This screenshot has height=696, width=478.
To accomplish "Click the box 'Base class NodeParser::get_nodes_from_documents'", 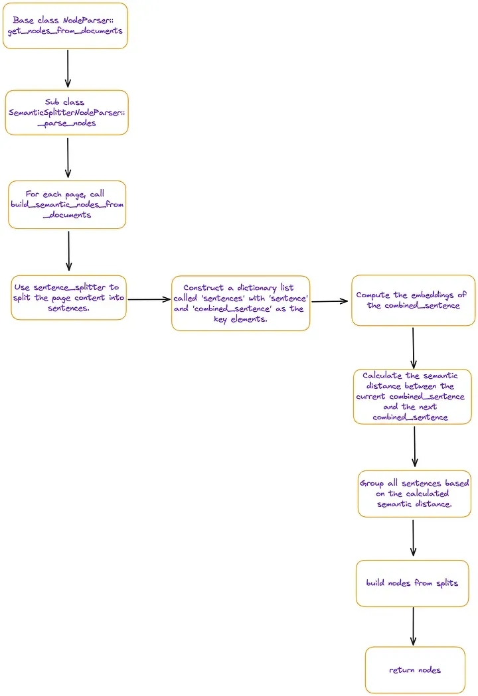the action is (x=65, y=26).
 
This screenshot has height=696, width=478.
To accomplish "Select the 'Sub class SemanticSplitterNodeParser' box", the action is (x=66, y=113).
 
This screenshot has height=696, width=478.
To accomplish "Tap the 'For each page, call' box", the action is (x=67, y=204).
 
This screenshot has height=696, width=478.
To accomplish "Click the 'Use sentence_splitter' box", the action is (x=69, y=298).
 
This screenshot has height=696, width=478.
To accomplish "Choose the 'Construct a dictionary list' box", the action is (x=241, y=303).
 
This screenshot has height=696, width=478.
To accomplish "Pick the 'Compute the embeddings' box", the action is (x=413, y=301).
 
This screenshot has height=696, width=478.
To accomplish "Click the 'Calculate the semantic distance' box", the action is (x=412, y=396).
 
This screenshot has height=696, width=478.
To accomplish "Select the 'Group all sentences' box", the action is (x=414, y=494).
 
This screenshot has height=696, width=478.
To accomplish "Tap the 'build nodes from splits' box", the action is (x=412, y=583).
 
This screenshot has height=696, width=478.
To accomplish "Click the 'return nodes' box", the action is (x=415, y=670).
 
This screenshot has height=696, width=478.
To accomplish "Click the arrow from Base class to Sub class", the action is (x=68, y=68).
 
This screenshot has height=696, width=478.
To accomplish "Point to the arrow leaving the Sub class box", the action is (x=68, y=157).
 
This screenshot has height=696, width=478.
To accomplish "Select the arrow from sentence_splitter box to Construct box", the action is (x=149, y=300).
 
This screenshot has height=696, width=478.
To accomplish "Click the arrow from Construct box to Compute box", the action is (x=330, y=301).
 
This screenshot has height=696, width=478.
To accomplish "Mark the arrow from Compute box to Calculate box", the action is (x=413, y=348).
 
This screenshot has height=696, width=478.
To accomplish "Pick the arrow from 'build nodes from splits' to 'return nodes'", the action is (x=413, y=626).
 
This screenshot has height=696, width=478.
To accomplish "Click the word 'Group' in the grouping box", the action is (x=372, y=483).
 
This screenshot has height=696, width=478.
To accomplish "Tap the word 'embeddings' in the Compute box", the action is (x=432, y=295).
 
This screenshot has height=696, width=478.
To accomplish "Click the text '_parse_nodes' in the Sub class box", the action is (x=67, y=123).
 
